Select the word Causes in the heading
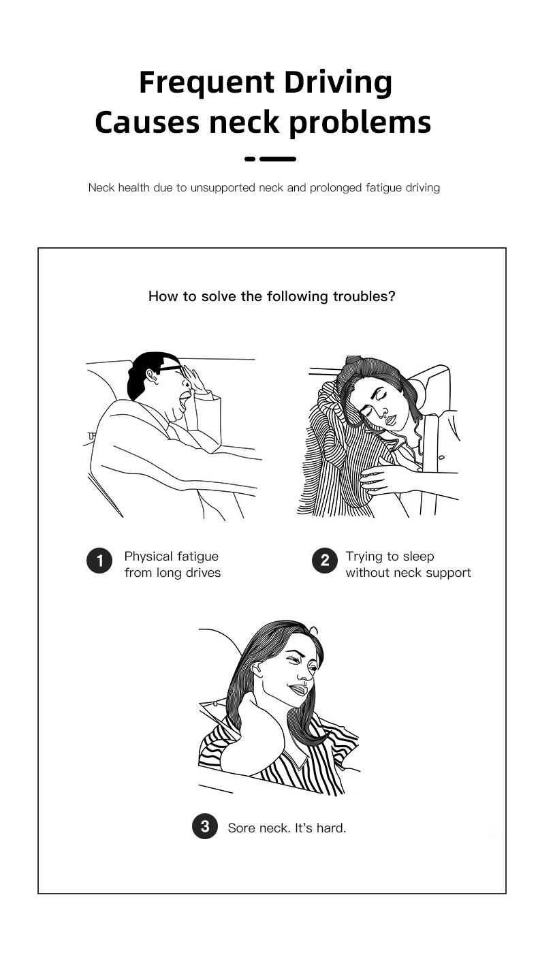pos(147,123)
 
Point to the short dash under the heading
pos(250,159)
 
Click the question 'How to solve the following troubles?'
pos(272,296)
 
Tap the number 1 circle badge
pos(99,561)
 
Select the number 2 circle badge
pos(325,561)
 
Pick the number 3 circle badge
pos(205,826)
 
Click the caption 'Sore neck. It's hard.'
pos(287,828)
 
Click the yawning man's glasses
pos(172,368)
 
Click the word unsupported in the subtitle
pos(223,188)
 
